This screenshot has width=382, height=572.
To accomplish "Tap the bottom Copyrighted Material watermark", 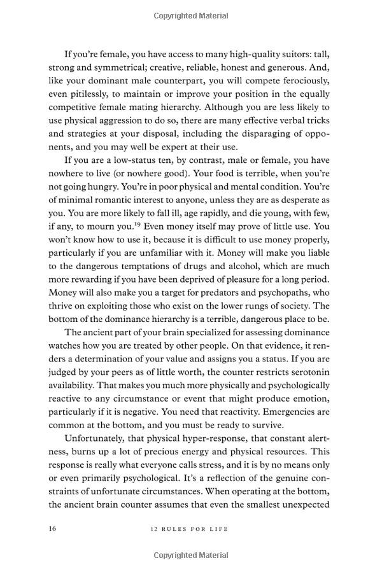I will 190,555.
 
